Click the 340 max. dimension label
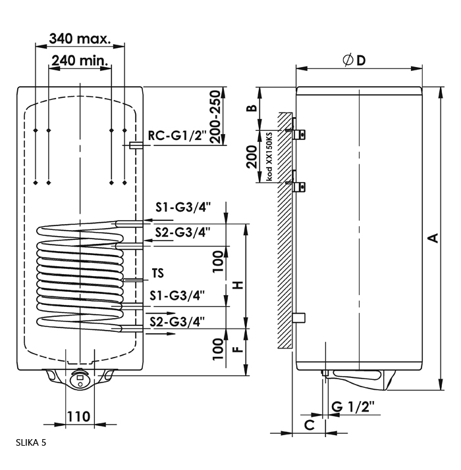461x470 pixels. pos(80,39)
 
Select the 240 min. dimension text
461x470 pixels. pos(80,60)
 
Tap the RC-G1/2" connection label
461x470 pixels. pos(177,136)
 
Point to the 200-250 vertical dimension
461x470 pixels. pos(215,117)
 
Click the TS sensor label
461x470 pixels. pos(157,273)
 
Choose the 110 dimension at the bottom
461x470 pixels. pos(78,416)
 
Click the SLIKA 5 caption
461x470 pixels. pos(31,443)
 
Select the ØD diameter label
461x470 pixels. pos(354,60)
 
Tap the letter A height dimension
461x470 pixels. pos(433,238)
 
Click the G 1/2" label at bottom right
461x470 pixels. pos(353,406)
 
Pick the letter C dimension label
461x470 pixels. pos(310,425)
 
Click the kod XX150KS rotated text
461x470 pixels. pos(269,156)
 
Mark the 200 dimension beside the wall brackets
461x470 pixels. pos(252,156)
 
